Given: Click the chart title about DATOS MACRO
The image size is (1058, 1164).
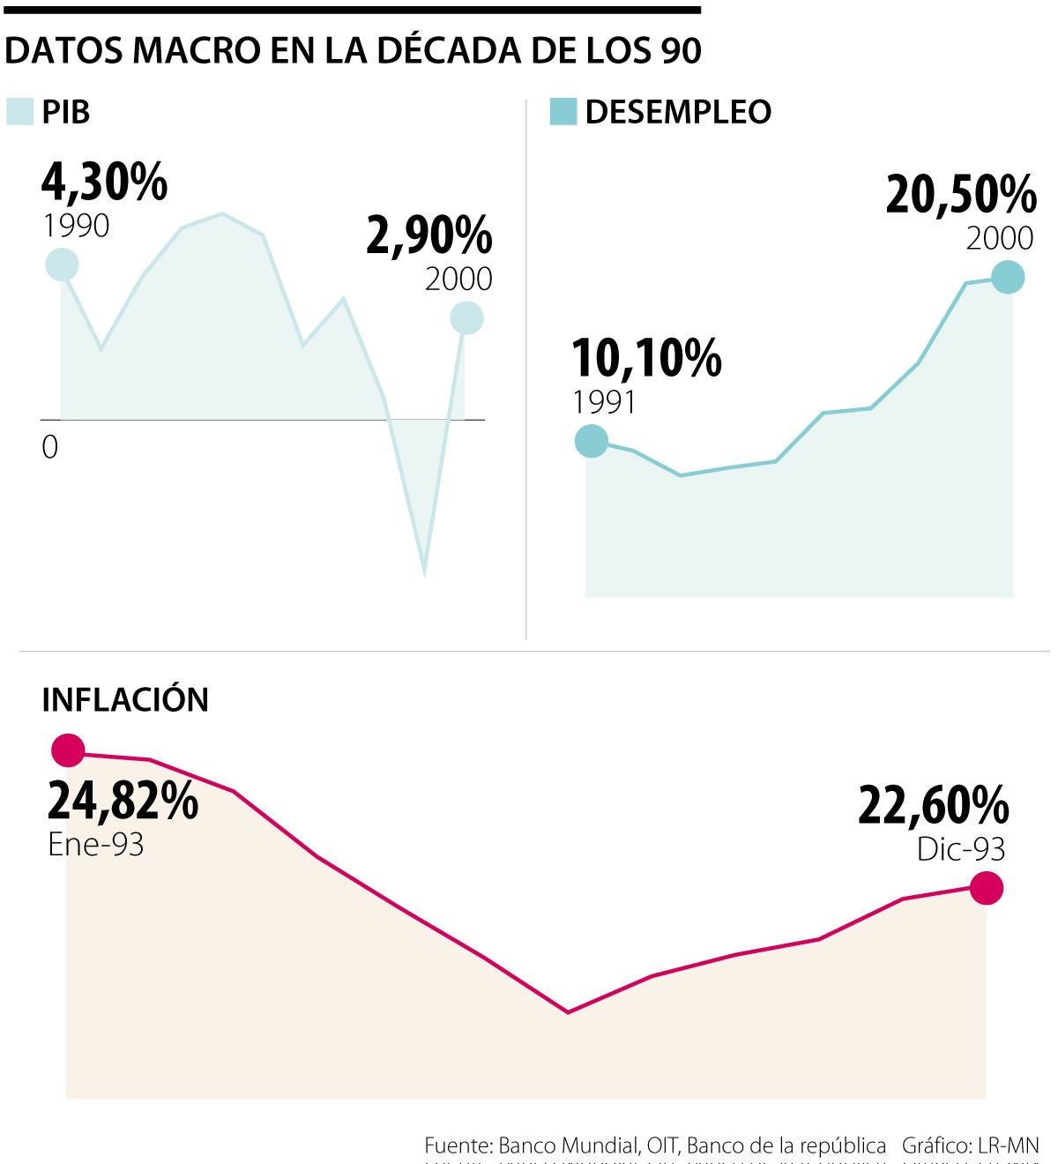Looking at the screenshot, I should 353,51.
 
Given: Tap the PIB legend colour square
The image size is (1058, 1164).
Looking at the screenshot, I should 19,112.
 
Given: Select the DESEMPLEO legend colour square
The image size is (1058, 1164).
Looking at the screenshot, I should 563,112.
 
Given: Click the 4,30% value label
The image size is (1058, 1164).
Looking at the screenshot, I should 104,183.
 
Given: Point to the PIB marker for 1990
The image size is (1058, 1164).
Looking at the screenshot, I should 62,265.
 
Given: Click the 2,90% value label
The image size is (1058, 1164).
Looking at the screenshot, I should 429,235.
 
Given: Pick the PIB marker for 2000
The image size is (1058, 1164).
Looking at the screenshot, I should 466,318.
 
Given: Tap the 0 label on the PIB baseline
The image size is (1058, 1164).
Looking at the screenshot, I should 50,447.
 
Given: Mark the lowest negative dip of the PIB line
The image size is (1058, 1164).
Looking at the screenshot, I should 425,574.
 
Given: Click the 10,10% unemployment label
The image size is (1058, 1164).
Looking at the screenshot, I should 646,358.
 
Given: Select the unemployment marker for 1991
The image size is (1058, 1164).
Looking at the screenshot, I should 592,440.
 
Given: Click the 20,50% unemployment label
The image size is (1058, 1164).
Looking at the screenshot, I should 961,195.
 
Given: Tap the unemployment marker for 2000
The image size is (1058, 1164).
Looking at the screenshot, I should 1008,278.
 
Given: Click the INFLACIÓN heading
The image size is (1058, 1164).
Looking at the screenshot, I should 125,699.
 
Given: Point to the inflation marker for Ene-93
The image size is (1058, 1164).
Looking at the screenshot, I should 68,750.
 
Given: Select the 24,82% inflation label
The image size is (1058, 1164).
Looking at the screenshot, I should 123,801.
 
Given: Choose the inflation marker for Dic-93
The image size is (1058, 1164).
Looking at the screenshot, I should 987,888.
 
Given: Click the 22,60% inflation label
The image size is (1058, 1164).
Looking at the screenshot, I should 933,805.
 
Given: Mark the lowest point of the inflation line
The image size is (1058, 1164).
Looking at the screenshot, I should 568,1011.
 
